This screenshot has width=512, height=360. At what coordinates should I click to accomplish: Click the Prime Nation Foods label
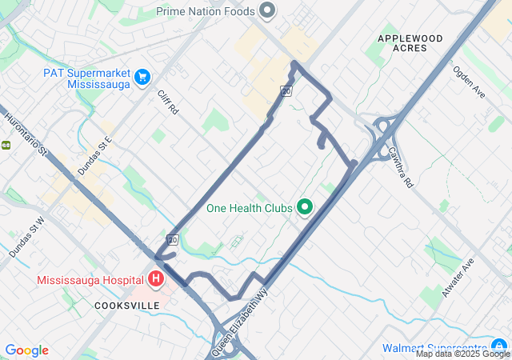pos(206,11)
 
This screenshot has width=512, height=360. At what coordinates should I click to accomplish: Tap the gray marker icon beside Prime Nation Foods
pos(268,11)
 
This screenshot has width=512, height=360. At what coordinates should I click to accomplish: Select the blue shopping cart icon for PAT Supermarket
pos(142,77)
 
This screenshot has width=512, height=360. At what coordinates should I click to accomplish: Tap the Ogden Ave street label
pos(469,82)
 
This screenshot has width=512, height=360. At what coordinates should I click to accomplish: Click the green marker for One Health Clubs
pos(304,208)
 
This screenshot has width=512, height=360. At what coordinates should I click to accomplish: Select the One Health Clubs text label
pos(250,208)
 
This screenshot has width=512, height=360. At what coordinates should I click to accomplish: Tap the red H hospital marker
pos(156,279)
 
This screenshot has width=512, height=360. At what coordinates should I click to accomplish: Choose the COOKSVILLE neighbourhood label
pos(127,306)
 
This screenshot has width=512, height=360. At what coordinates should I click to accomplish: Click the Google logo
pos(26,350)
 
